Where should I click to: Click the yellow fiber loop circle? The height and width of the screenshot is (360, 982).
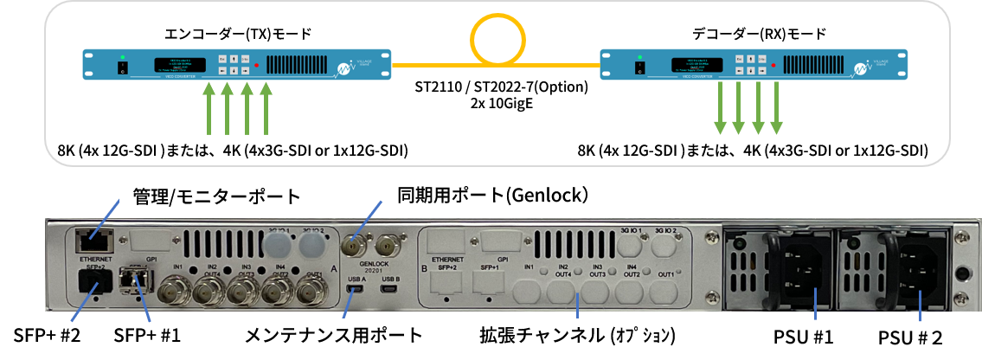497,40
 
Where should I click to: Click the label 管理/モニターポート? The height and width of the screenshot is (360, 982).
215,196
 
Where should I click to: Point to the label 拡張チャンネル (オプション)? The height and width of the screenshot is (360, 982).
576,334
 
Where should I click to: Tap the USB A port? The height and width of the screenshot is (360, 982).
356,290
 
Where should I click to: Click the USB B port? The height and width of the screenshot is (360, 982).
390,290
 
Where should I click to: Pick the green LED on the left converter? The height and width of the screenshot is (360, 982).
123,58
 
